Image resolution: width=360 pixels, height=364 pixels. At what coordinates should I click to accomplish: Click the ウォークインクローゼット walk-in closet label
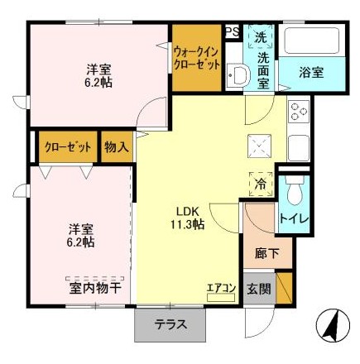(197, 58)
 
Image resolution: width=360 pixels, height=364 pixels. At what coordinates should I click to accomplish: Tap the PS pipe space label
(233, 32)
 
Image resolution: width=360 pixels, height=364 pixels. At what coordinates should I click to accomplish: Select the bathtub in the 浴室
(311, 41)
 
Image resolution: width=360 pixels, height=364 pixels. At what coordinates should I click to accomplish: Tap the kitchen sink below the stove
(298, 148)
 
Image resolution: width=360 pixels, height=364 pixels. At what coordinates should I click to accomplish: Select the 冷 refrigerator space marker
(261, 184)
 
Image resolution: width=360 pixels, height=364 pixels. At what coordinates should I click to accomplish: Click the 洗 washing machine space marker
(261, 36)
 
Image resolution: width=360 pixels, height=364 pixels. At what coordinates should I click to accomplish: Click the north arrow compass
(334, 325)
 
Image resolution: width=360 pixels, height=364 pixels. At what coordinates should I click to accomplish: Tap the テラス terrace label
(170, 324)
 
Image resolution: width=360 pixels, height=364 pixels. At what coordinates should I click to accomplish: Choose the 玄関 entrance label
(259, 289)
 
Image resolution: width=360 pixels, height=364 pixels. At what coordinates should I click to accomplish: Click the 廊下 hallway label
(266, 254)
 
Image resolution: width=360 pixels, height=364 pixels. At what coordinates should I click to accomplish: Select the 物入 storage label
(117, 147)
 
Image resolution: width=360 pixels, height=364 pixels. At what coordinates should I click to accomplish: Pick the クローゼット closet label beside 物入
(68, 147)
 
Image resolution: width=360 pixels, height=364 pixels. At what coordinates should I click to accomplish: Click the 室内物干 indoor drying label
(95, 289)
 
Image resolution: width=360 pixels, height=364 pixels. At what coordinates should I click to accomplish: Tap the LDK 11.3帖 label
(187, 218)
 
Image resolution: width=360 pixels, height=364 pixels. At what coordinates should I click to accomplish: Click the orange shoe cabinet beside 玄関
(284, 288)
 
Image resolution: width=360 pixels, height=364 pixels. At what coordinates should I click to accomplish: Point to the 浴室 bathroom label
(311, 73)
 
